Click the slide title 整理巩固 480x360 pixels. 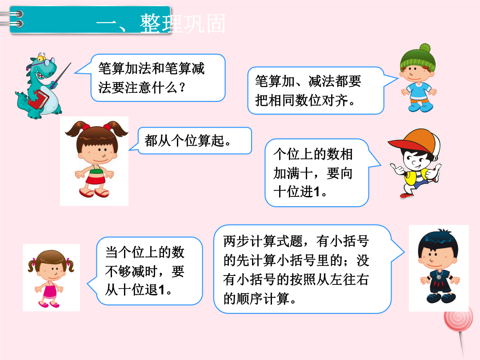(183, 24)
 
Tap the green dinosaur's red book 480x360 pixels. (39, 99)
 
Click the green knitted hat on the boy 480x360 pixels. (418, 57)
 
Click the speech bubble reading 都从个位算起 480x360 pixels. (195, 141)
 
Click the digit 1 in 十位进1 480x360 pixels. (316, 192)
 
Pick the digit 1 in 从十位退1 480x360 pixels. (161, 290)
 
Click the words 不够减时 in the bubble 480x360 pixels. (131, 271)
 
